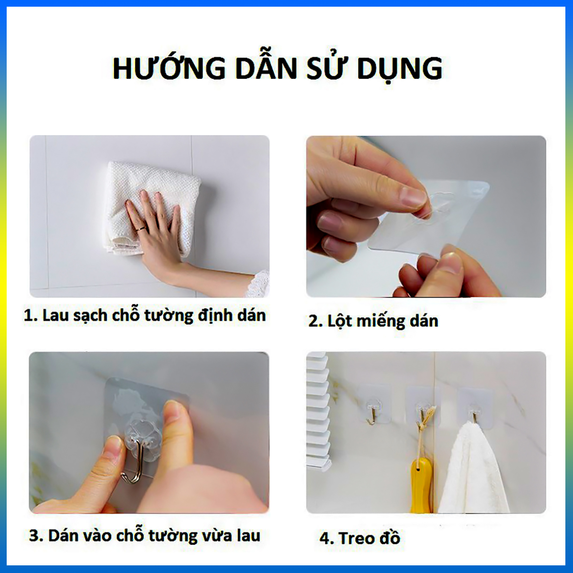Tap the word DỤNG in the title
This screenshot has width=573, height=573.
coord(400,69)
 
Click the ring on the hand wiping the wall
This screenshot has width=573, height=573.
coord(141,229)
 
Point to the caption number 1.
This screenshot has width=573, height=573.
coord(30,316)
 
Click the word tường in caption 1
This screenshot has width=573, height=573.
coord(169,315)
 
